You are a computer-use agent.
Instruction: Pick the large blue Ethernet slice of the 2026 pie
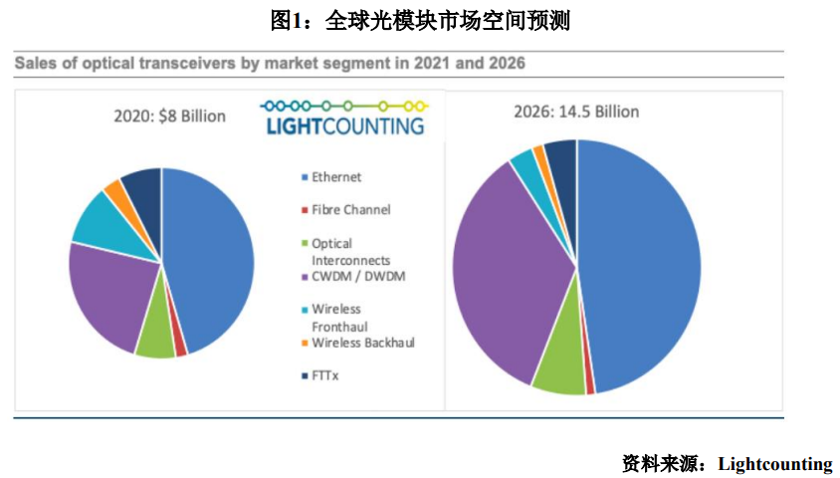tap(642, 269)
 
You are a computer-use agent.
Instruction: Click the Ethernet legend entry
tap(336, 177)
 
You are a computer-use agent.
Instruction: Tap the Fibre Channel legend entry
tap(350, 210)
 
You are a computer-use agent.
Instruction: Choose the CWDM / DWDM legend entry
tap(358, 277)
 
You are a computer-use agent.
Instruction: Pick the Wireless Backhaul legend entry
tap(362, 343)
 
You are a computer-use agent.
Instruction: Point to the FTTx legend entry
tap(324, 375)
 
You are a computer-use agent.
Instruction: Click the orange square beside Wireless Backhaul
tap(304, 344)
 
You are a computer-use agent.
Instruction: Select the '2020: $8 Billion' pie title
tap(168, 116)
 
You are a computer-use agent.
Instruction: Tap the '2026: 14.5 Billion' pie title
tap(578, 111)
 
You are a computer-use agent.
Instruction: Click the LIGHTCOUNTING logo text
tap(344, 126)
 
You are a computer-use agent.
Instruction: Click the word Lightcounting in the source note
tap(774, 463)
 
